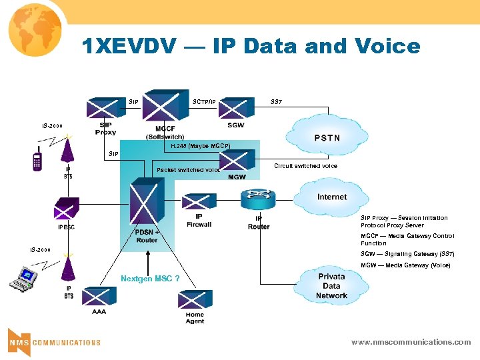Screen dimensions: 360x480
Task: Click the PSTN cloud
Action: click(326, 137)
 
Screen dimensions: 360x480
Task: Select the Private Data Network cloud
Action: click(331, 285)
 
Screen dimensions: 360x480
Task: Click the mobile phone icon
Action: click(38, 163)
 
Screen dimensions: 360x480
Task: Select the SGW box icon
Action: click(235, 109)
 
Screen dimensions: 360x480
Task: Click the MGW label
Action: click(237, 177)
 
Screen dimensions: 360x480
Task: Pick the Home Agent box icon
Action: click(195, 300)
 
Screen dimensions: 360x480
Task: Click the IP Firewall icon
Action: click(199, 202)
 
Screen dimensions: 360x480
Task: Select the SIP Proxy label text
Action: click(105, 128)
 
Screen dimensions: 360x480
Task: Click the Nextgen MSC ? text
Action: click(150, 278)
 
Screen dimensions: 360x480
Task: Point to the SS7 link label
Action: click(276, 102)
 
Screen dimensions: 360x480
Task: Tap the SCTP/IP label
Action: click(204, 102)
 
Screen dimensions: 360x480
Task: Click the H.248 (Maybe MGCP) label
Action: click(200, 145)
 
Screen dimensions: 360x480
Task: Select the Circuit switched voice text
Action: click(305, 166)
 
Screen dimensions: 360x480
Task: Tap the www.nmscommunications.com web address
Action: click(411, 342)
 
